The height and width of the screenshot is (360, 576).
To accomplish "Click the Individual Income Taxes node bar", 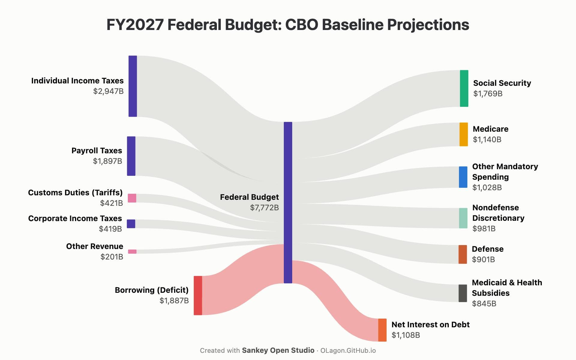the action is point(133,86).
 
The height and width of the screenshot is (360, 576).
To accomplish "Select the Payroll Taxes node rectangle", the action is point(131,156).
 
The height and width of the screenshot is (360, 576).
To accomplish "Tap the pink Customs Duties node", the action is point(132,198).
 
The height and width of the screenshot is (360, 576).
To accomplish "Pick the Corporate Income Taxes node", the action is point(131,224).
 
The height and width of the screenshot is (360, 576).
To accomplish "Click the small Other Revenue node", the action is point(132,251).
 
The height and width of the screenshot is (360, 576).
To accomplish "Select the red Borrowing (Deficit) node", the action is point(198,295).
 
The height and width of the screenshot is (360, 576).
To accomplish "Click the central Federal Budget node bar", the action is point(288,202).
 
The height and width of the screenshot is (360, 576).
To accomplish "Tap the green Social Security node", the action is point(464,88).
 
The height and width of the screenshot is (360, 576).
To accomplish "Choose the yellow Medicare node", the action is point(464,134).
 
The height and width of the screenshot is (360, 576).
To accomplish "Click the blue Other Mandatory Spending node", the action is point(463,177).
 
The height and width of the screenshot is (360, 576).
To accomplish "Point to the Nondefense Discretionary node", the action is point(463,218).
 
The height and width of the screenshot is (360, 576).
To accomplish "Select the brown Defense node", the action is point(463,254).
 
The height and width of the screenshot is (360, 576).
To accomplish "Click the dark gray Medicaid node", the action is point(463,293).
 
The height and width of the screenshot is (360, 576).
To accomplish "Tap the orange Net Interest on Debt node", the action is point(382,330).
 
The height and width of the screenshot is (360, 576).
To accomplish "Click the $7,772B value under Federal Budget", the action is point(265,208).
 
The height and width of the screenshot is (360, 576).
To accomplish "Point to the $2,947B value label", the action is point(108,91).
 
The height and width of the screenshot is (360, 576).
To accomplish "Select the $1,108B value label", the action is point(406,335).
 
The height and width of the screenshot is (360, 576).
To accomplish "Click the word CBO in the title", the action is point(301,25).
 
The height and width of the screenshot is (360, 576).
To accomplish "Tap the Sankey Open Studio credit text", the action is point(278,350).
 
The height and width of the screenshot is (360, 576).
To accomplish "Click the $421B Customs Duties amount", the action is point(112,203).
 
